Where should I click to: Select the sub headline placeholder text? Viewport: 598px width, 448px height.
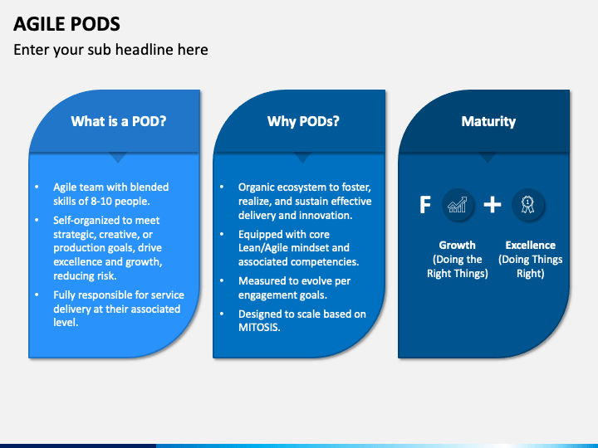(110, 50)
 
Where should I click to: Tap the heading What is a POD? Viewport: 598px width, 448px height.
(119, 121)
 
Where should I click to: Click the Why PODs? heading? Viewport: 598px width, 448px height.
(303, 121)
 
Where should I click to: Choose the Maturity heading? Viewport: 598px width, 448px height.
(488, 121)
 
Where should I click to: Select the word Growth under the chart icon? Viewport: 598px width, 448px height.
(457, 245)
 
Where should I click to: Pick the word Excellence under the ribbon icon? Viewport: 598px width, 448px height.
(530, 245)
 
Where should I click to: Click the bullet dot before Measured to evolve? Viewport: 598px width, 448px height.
(221, 281)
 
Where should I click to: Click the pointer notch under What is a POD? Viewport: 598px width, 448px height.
(119, 157)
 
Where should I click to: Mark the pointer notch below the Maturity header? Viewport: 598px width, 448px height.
(488, 157)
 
